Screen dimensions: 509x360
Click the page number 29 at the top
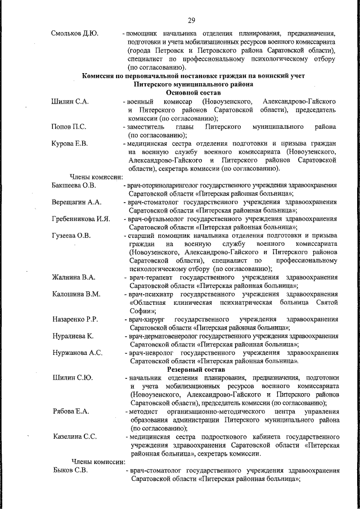pyautogui.click(x=191, y=21)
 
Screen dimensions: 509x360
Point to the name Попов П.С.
pyautogui.click(x=69, y=127)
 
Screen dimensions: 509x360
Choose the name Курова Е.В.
pyautogui.click(x=70, y=144)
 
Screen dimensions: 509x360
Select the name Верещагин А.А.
pyautogui.click(x=76, y=201)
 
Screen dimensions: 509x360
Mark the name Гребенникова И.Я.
pyautogui.click(x=80, y=218)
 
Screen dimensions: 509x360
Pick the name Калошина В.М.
pyautogui.click(x=76, y=294)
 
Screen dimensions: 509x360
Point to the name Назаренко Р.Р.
pyautogui.click(x=75, y=319)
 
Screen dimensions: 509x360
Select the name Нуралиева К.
pyautogui.click(x=72, y=336)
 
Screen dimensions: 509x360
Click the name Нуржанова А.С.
pyautogui.click(x=76, y=353)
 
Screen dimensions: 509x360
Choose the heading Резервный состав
pyautogui.click(x=195, y=370)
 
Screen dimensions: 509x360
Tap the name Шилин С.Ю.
pyautogui.click(x=71, y=378)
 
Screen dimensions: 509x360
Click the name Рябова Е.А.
pyautogui.click(x=70, y=412)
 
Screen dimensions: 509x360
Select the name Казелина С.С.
pyautogui.click(x=75, y=436)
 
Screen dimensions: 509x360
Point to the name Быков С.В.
pyautogui.click(x=69, y=470)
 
